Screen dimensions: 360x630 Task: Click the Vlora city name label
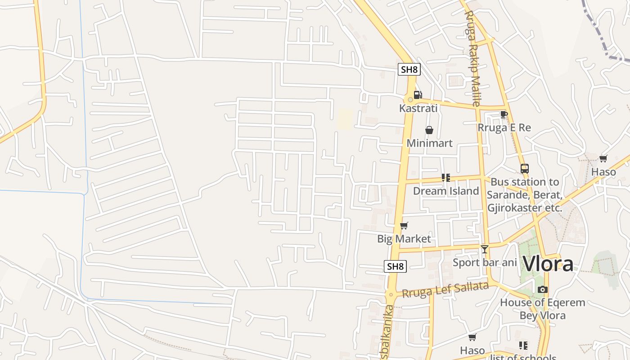tap(548, 264)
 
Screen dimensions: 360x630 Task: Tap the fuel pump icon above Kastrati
tap(418, 95)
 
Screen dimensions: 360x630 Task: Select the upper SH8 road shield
tap(409, 69)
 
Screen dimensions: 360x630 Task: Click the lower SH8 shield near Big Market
tap(396, 266)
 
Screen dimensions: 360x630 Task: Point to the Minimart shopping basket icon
tap(429, 130)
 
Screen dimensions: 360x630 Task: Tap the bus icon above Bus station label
tap(524, 169)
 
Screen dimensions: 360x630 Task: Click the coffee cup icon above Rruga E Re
tap(504, 115)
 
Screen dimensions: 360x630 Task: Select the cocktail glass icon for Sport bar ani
tap(485, 249)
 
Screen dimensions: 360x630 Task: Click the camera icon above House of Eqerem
tap(543, 289)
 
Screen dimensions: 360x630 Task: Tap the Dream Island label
tap(446, 191)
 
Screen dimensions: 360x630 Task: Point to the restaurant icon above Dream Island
tap(446, 177)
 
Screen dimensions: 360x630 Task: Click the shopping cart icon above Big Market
tap(404, 225)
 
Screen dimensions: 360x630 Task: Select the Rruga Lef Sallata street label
tap(445, 289)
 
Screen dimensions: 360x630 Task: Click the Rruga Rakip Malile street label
tap(473, 58)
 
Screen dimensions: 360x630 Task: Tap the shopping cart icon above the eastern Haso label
tap(603, 158)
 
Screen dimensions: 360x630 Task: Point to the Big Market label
tap(404, 239)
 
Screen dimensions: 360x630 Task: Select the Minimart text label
tap(429, 143)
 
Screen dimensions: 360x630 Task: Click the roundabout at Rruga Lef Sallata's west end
tap(391, 295)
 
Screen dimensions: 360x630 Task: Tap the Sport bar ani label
tap(485, 262)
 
